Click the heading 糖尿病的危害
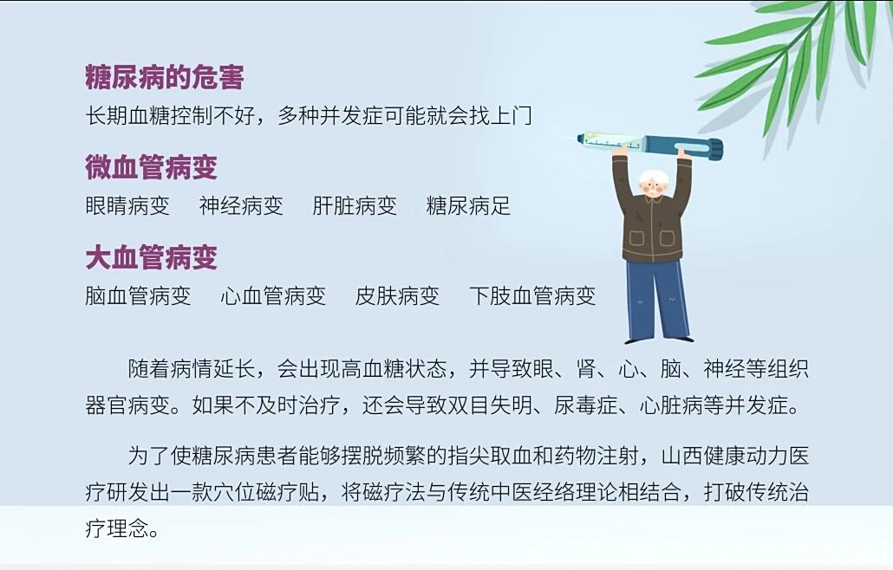[165, 77]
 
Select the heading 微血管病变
[152, 167]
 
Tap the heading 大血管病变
[152, 257]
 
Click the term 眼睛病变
[127, 206]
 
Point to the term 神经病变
[241, 206]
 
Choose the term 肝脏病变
[355, 206]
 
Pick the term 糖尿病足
[468, 206]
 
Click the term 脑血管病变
[138, 295]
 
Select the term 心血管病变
[273, 295]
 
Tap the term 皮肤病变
[397, 295]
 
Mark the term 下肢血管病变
[532, 295]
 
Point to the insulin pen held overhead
[650, 143]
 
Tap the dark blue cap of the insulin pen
[707, 148]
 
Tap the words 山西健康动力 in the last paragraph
[725, 457]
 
